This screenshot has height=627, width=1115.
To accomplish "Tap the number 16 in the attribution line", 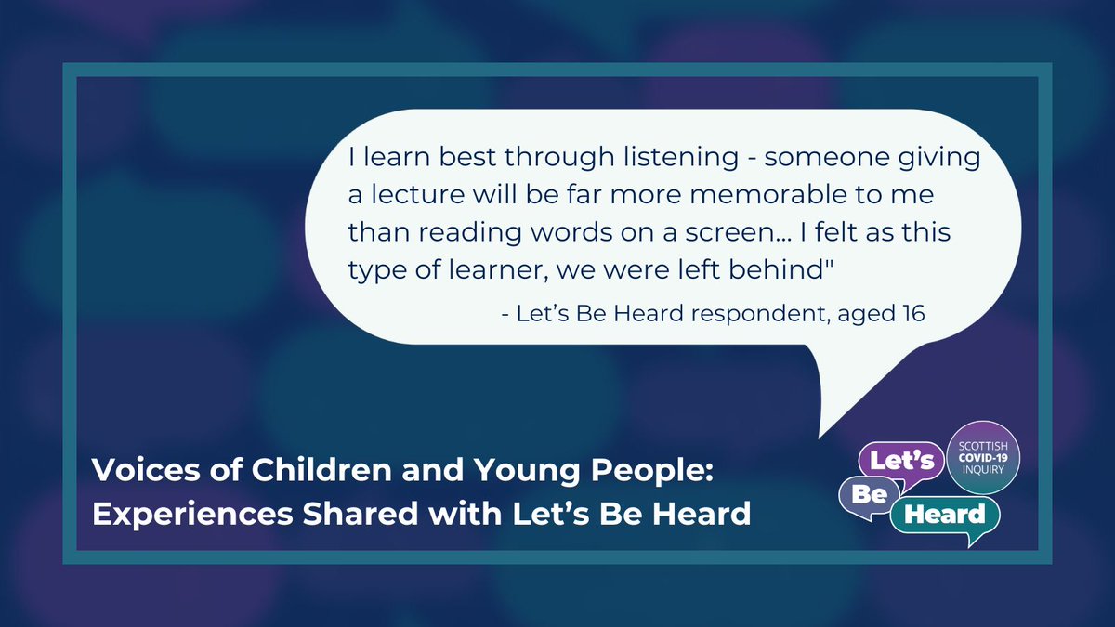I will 912,314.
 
